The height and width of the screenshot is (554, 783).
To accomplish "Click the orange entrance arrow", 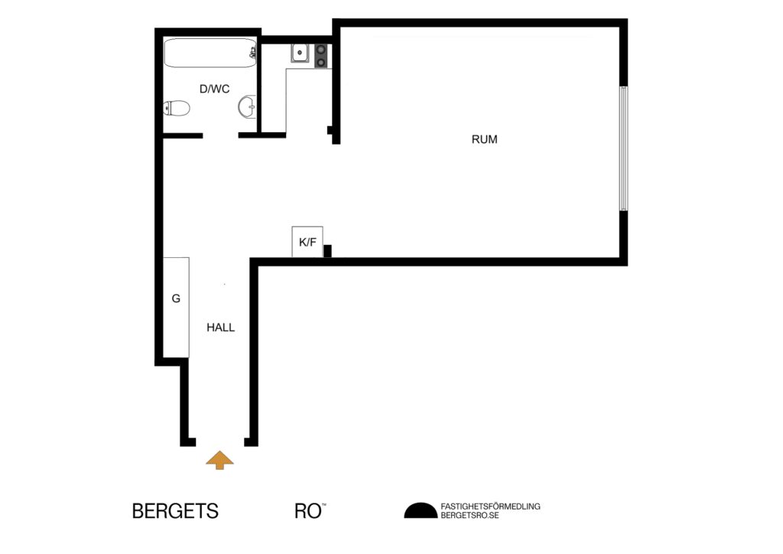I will point(220,459).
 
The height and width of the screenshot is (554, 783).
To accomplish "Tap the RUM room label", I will point(484,139).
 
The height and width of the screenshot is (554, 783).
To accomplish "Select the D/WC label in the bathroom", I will point(214,89).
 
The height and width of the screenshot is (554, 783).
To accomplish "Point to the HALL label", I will point(220,328).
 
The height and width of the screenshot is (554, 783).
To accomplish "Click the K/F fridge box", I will point(307,242).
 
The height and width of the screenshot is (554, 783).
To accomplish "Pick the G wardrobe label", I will point(176,298).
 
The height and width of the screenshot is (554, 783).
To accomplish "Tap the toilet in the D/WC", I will point(177,109).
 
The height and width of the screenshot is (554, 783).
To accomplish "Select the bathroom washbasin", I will point(247,107).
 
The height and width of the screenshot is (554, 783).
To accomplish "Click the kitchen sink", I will point(299,54).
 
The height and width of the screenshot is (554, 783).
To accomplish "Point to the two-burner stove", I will point(321,54).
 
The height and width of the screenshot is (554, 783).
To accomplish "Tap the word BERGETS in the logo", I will point(175,511).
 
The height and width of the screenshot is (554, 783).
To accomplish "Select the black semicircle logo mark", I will point(419,510).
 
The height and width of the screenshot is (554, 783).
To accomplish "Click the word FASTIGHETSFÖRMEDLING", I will point(490,506).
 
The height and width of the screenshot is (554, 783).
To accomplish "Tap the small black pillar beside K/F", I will point(327,251).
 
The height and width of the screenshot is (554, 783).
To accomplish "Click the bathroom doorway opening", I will point(220,135).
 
